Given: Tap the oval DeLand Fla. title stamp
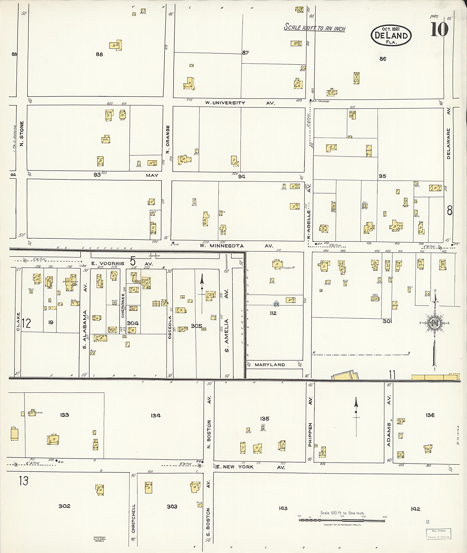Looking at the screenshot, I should [391, 36].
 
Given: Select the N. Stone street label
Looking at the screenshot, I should [22, 133].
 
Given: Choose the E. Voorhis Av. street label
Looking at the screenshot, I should [122, 264].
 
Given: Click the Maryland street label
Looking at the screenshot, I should [270, 364].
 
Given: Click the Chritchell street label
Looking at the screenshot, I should [133, 519].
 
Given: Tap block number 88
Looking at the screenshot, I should [99, 54].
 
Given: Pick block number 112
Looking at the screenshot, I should [273, 313].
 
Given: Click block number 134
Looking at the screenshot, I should [156, 415].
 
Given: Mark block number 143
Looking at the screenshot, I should [283, 508].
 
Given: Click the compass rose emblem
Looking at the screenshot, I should [435, 323].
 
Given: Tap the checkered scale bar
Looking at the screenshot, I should [342, 520].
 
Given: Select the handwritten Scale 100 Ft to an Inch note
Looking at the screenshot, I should [314, 28].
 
